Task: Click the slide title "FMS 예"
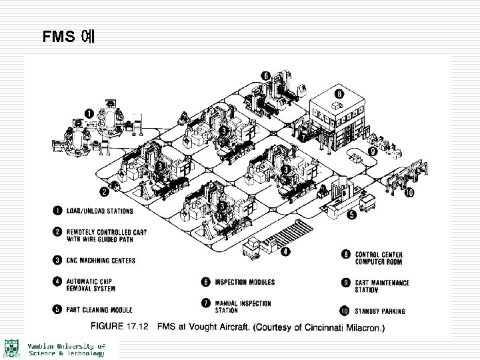click(x=69, y=36)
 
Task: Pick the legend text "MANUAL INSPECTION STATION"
click(x=243, y=307)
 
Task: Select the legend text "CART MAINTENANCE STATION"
click(x=382, y=286)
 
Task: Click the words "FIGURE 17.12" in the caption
click(x=119, y=328)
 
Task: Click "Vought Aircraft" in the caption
click(x=223, y=328)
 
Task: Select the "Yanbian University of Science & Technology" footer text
click(x=67, y=350)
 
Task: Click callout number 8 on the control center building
click(x=339, y=94)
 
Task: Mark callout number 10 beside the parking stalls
click(x=409, y=194)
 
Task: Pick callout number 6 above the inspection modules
click(x=265, y=75)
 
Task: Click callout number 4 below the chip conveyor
click(x=285, y=253)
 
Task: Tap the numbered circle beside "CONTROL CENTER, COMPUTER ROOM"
click(x=345, y=254)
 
